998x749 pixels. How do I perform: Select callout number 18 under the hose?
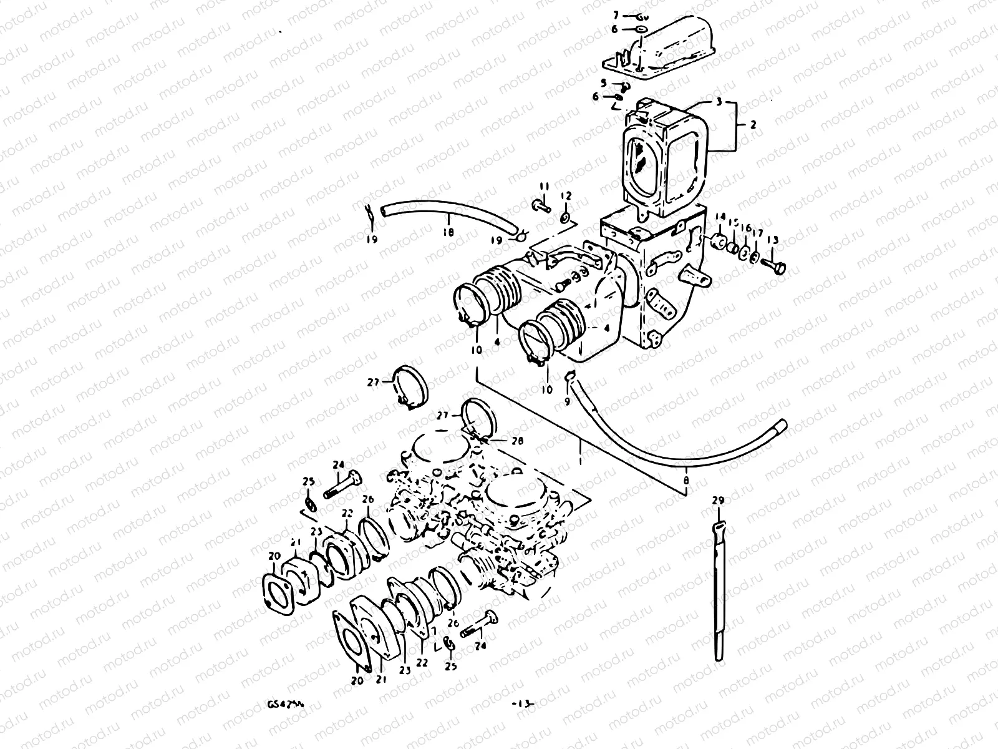(448, 233)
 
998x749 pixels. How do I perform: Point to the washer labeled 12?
(565, 217)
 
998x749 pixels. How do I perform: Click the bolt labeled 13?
(775, 265)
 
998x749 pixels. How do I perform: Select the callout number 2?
(753, 125)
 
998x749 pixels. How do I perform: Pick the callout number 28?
(517, 441)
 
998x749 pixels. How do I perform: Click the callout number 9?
(567, 401)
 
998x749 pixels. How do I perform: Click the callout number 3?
(718, 101)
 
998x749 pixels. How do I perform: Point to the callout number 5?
(604, 82)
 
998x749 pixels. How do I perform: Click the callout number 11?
(544, 187)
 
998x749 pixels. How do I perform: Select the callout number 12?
(566, 196)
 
